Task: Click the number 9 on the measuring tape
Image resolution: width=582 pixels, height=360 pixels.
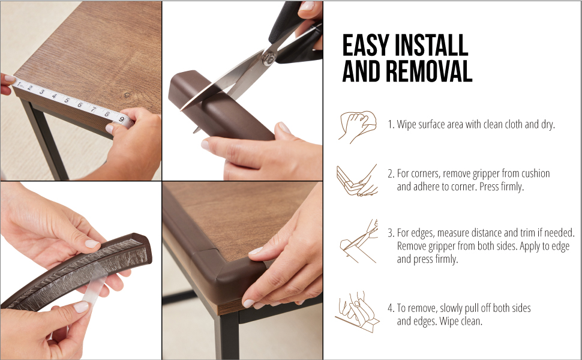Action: point(121,119)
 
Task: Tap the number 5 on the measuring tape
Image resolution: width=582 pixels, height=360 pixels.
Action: point(67,100)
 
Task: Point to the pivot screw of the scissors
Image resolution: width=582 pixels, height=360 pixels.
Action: point(269,58)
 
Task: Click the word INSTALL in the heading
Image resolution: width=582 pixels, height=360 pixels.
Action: point(431,46)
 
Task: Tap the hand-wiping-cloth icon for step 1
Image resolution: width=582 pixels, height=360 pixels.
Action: point(358,127)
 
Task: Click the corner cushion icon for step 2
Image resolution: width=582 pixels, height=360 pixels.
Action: point(356,180)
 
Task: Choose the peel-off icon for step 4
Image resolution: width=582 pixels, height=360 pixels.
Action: point(357,312)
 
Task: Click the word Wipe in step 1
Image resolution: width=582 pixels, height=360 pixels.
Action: point(406,124)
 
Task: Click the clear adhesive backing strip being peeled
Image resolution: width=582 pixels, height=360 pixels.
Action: point(95,286)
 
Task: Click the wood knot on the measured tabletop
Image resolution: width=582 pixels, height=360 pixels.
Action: point(127,95)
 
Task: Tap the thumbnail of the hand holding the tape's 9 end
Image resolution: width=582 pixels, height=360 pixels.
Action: point(109,128)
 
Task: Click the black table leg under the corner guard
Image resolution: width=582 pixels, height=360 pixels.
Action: point(227,336)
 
